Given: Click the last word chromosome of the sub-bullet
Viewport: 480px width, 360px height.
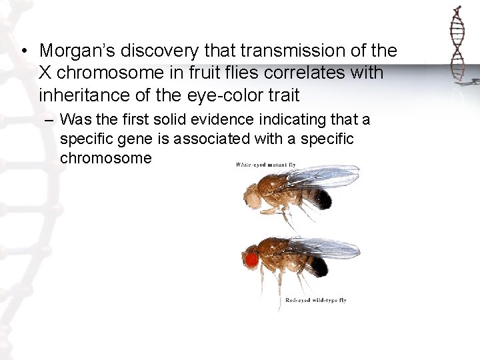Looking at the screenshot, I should [106, 159].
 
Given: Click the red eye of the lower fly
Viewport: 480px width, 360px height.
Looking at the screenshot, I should [252, 259].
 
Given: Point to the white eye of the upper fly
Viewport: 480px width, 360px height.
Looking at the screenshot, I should [252, 195].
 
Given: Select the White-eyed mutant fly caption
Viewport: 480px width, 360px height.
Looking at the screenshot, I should [265, 165].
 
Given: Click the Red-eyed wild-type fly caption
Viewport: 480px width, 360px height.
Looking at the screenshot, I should [315, 300].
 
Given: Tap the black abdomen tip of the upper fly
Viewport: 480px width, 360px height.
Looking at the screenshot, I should [323, 199].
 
